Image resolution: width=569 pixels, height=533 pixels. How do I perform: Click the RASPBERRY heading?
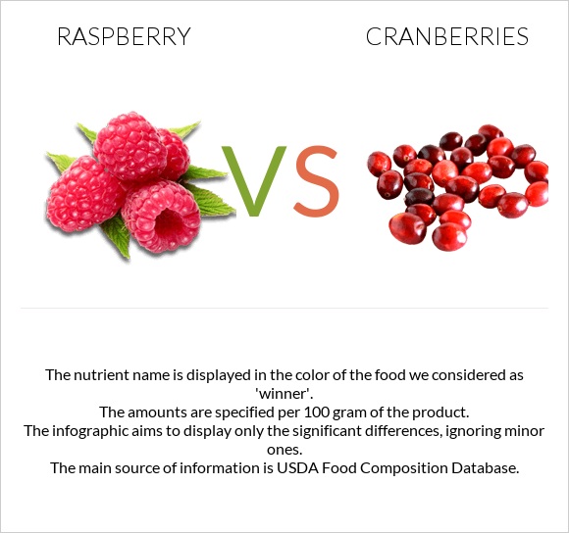pos(124,37)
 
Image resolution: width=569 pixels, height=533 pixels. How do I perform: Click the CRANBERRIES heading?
pos(446,37)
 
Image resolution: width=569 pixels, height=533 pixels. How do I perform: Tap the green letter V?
pos(254,182)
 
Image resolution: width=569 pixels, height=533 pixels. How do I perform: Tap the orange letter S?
pos(316,182)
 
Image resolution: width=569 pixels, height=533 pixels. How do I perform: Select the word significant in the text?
pos(335,431)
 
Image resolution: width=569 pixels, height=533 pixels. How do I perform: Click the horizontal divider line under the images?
pos(284,309)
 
